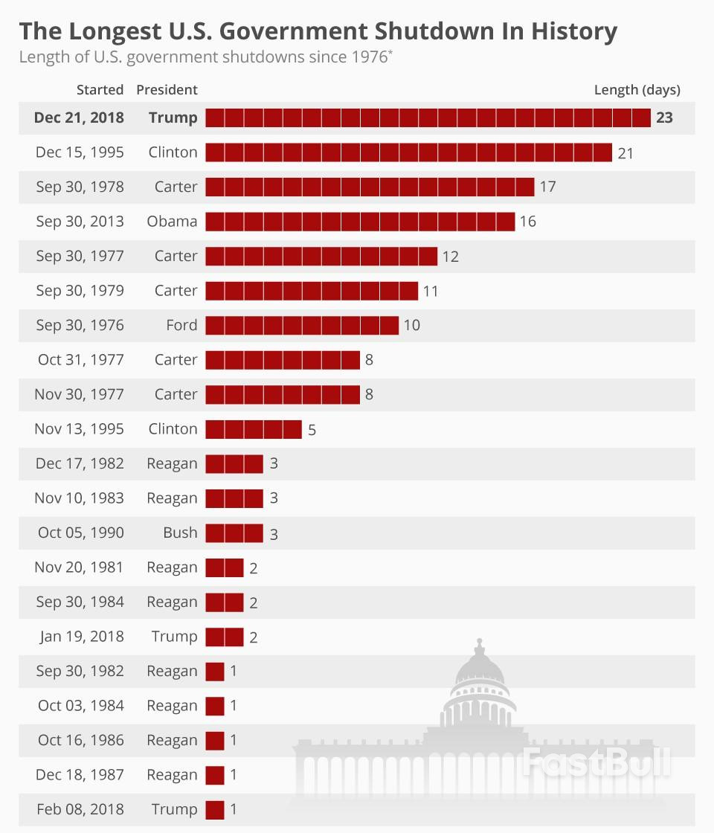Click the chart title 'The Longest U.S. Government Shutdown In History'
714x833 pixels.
click(318, 31)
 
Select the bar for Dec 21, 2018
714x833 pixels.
click(428, 118)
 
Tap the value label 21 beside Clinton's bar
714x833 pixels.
click(625, 152)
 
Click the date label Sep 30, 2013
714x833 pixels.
click(80, 222)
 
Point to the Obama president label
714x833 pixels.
click(173, 222)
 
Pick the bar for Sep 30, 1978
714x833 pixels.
click(370, 187)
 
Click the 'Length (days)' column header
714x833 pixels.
click(637, 90)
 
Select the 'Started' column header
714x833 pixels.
click(100, 90)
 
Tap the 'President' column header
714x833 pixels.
click(167, 90)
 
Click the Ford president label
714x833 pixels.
click(181, 325)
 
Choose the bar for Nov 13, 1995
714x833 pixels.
click(254, 429)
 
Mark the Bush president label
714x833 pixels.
click(181, 533)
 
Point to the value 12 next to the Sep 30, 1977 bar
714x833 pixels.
click(450, 257)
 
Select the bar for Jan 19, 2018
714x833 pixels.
click(225, 637)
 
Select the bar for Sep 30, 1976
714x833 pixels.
click(302, 325)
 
